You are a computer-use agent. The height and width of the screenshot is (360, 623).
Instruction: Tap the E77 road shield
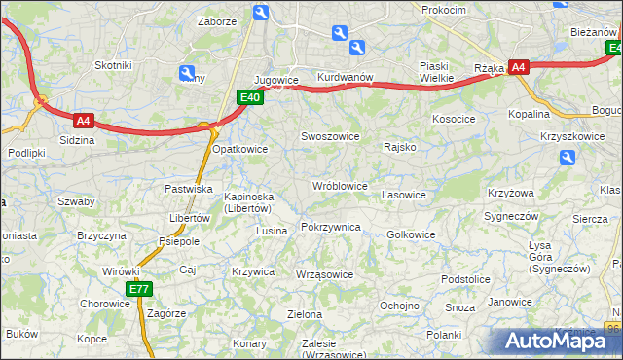point(138,289)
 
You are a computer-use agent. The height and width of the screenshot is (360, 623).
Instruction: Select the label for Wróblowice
point(339,185)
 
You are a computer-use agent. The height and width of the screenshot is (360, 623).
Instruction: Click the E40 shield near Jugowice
point(249,97)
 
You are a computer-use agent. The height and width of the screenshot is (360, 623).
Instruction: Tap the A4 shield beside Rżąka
point(519,67)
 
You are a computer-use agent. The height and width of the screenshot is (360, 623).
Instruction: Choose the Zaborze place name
point(216,20)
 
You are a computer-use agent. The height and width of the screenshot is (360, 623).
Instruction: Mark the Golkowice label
point(411,234)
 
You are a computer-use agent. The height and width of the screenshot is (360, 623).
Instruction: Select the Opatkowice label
point(239,149)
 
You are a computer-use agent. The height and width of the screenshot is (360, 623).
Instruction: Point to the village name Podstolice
point(464,279)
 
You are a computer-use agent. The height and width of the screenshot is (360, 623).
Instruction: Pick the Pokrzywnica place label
point(331,227)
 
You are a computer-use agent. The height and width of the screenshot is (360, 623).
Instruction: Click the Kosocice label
point(454,118)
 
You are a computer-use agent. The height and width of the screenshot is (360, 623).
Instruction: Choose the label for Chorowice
point(105,303)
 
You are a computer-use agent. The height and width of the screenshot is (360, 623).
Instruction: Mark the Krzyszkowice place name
point(571,136)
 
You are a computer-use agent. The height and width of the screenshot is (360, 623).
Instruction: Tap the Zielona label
point(305,314)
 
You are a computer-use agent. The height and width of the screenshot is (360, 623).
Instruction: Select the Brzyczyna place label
point(102,235)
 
